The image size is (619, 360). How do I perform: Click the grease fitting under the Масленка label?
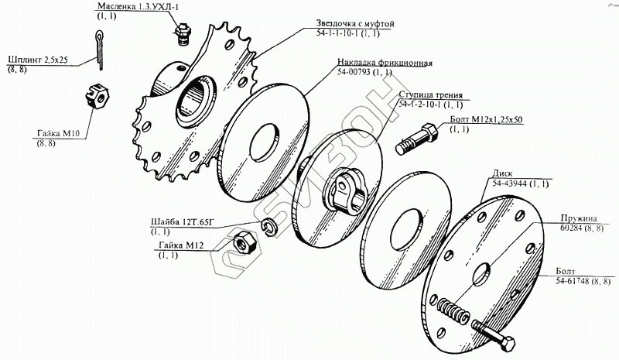point(183,34)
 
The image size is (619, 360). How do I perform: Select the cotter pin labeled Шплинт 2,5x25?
point(98,50)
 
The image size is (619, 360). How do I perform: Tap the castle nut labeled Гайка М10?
point(97,97)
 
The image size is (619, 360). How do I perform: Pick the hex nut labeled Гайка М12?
point(245,242)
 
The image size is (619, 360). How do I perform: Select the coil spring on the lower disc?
point(454,310)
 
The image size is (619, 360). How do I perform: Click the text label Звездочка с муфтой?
point(355,23)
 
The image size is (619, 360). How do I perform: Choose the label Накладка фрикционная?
point(385,63)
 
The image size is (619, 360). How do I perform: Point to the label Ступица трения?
point(430,95)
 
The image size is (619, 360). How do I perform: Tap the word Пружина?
point(579,218)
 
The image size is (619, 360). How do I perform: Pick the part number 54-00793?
point(354,72)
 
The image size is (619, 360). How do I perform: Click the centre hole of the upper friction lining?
point(265,142)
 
